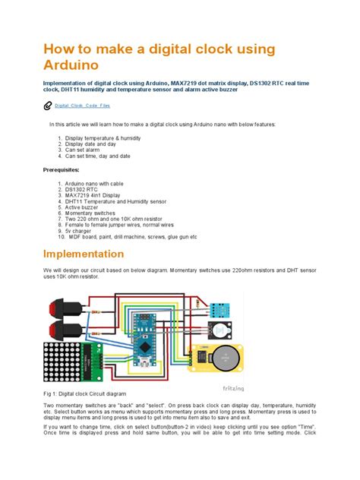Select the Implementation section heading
click(x=84, y=254)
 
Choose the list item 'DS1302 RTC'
click(x=83, y=189)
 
